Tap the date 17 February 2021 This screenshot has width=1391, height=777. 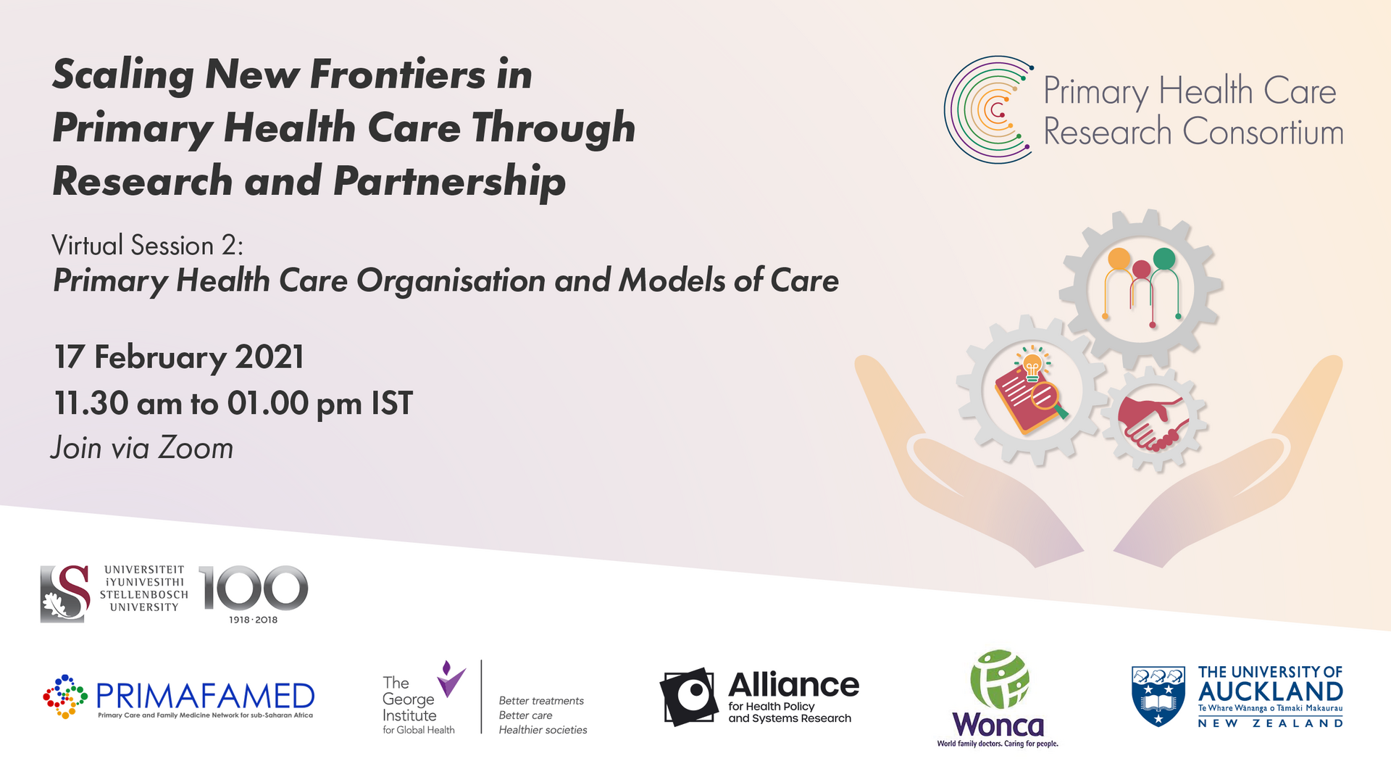[x=179, y=357]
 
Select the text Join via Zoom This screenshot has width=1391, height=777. [x=142, y=448]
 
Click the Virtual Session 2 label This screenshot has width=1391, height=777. [x=147, y=246]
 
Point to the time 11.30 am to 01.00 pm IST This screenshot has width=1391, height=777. [x=233, y=404]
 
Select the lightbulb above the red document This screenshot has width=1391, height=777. [x=1032, y=365]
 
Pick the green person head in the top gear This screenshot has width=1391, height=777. [x=1164, y=258]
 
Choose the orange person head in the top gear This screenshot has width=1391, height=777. [x=1119, y=259]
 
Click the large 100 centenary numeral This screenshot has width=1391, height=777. [x=253, y=588]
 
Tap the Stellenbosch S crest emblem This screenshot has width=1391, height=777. [x=65, y=594]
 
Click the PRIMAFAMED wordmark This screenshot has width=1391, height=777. [x=205, y=696]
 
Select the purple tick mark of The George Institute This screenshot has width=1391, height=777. [x=451, y=679]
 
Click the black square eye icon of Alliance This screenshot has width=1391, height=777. [x=688, y=697]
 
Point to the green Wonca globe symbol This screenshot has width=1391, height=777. [x=1000, y=679]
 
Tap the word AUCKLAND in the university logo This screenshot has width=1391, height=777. [x=1271, y=691]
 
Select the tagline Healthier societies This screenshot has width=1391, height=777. [x=543, y=730]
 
